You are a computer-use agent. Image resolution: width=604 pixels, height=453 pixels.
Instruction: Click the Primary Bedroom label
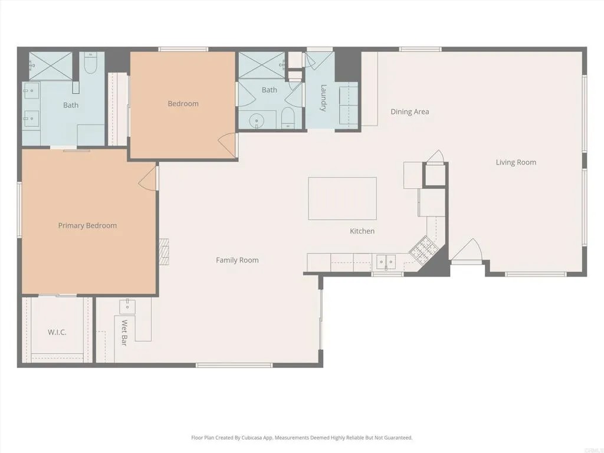87,225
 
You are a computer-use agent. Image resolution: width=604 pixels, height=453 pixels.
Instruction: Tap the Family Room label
237,260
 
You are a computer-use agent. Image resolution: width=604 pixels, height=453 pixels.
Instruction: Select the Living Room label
516,162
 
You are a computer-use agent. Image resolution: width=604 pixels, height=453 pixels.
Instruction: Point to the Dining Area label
409,111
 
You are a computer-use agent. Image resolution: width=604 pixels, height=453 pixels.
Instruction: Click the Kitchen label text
362,231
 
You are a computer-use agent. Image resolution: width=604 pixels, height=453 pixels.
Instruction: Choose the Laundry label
324,98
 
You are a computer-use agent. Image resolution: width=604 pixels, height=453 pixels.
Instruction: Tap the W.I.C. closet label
57,332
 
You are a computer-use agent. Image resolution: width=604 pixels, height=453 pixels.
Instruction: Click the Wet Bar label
124,333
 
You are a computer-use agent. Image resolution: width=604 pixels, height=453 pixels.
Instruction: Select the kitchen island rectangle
342,198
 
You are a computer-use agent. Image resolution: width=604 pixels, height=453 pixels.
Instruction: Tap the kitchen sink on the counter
386,260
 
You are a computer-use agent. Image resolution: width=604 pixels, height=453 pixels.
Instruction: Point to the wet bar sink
127,306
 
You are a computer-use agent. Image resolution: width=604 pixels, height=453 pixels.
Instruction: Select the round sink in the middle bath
257,121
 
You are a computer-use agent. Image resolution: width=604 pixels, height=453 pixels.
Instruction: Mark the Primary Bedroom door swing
150,179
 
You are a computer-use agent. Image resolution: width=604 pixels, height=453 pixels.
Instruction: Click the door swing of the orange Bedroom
228,145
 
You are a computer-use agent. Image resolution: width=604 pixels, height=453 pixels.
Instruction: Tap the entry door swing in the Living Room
467,251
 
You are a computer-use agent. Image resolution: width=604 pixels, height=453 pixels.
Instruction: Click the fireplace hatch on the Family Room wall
164,252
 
